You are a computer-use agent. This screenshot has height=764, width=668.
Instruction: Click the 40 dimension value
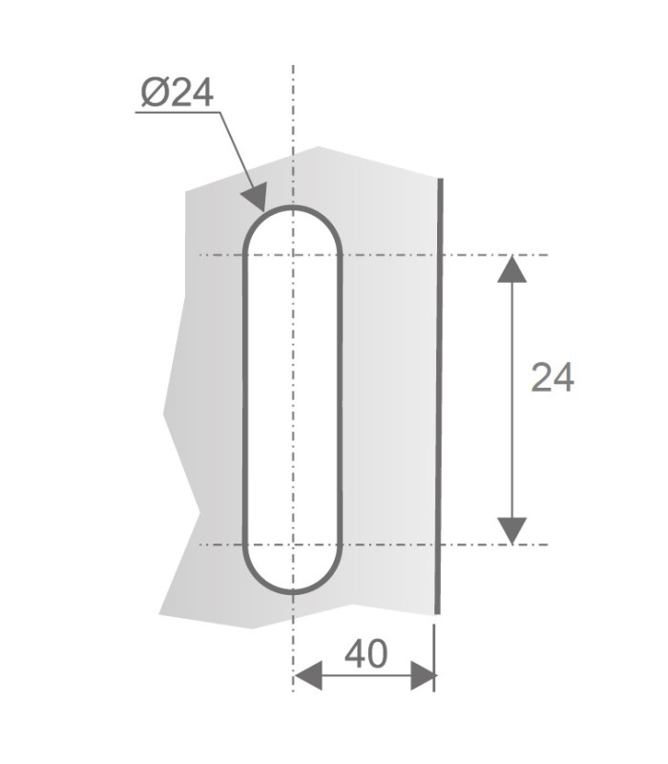tap(366, 653)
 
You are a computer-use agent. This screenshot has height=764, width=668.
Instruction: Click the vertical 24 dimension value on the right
tap(553, 377)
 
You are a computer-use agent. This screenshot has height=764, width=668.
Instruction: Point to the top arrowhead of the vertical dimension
tap(511, 269)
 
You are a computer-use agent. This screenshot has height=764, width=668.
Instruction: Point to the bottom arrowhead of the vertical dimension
tap(511, 531)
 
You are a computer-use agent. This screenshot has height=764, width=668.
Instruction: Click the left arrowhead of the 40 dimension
tap(308, 676)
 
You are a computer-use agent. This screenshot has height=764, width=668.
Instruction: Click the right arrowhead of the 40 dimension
tap(423, 676)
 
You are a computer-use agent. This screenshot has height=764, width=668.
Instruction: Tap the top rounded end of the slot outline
tap(293, 207)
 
